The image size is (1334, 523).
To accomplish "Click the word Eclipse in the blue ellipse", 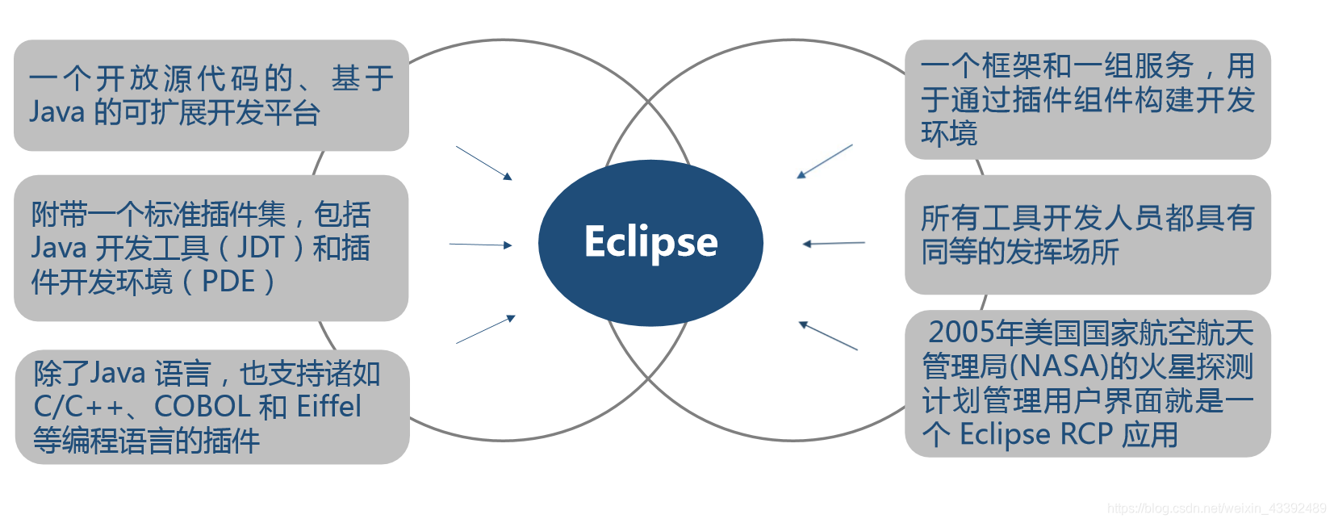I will pos(650,242).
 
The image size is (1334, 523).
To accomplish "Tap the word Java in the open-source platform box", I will pos(56,112).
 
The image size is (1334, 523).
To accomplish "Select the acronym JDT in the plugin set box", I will pos(261,248).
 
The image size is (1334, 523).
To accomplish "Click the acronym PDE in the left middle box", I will pos(228,282).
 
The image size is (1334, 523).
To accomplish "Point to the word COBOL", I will pos(202,406).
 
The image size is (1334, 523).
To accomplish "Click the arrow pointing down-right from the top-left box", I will pos(483,162).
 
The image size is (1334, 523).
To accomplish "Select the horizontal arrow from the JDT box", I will pos(480,245).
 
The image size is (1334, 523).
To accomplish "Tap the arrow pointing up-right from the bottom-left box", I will pos(485,330).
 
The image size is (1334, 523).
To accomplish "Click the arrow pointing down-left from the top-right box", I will pos(825,161).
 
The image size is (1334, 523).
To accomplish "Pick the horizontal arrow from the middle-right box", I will pos(834,243).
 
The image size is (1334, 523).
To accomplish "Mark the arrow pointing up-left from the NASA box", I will pos(828,336).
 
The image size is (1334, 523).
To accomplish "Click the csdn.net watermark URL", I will pos(1216,508).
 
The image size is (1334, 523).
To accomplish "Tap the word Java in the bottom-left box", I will pos(117,373).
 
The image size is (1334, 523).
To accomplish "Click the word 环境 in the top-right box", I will pos(949,133).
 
